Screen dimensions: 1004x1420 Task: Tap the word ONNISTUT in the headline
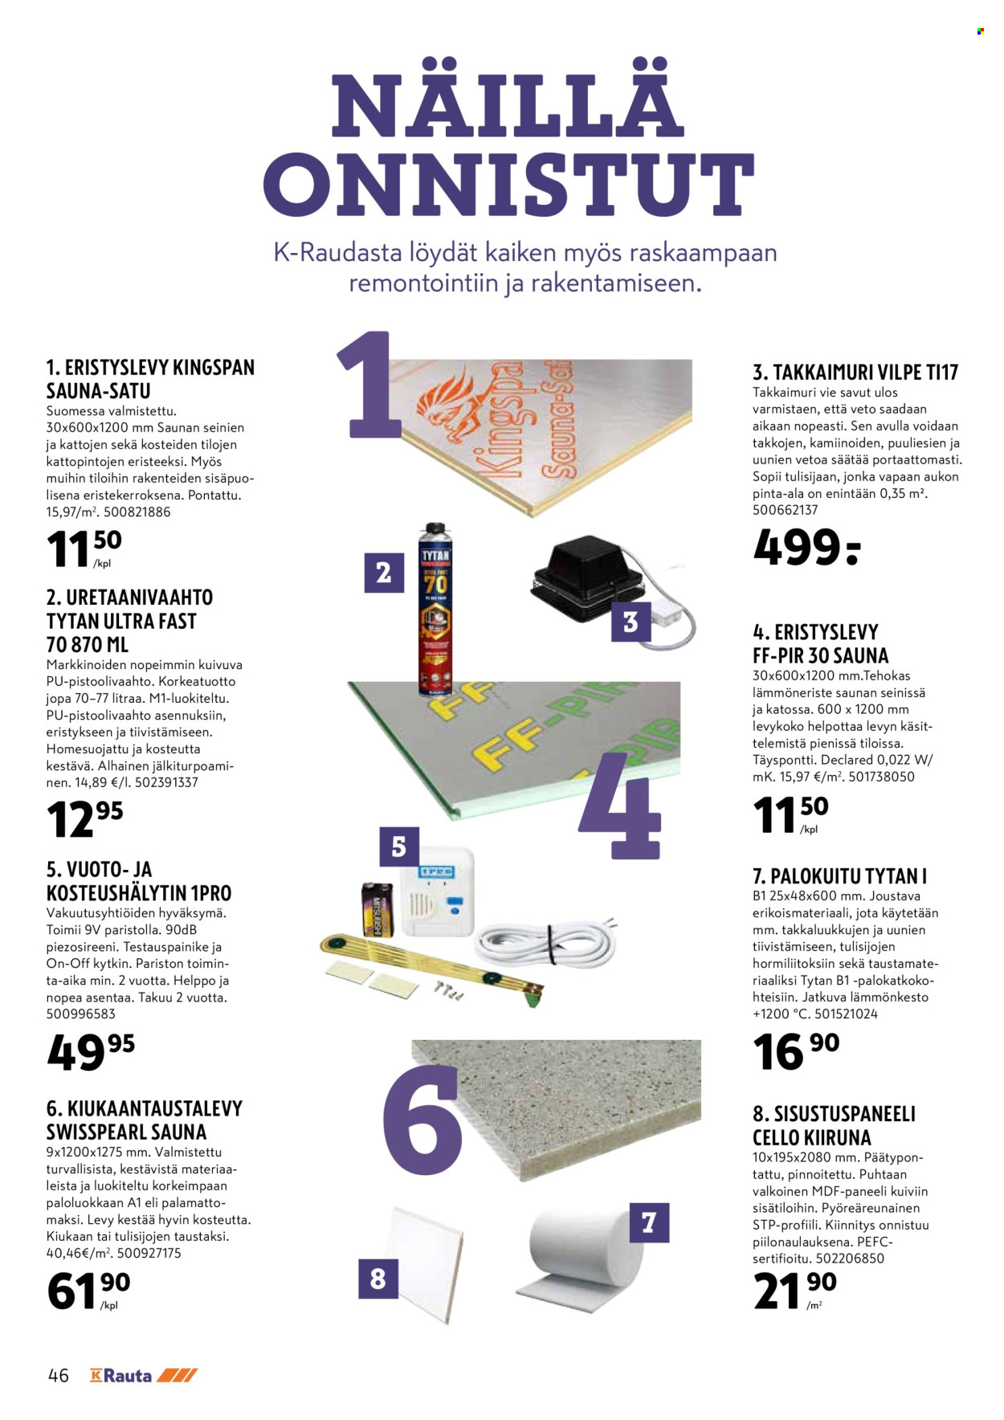508,185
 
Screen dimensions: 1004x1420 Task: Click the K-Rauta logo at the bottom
144,1375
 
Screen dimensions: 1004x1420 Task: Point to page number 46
59,1375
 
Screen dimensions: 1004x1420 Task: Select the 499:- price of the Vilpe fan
806,548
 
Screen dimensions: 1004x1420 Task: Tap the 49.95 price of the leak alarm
91,1051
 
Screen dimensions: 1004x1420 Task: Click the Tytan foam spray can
435,610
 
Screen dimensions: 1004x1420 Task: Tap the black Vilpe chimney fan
587,579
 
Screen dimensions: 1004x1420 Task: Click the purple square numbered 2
384,573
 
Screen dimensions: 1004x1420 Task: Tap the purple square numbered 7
649,1222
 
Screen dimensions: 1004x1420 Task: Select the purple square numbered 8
378,1278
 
